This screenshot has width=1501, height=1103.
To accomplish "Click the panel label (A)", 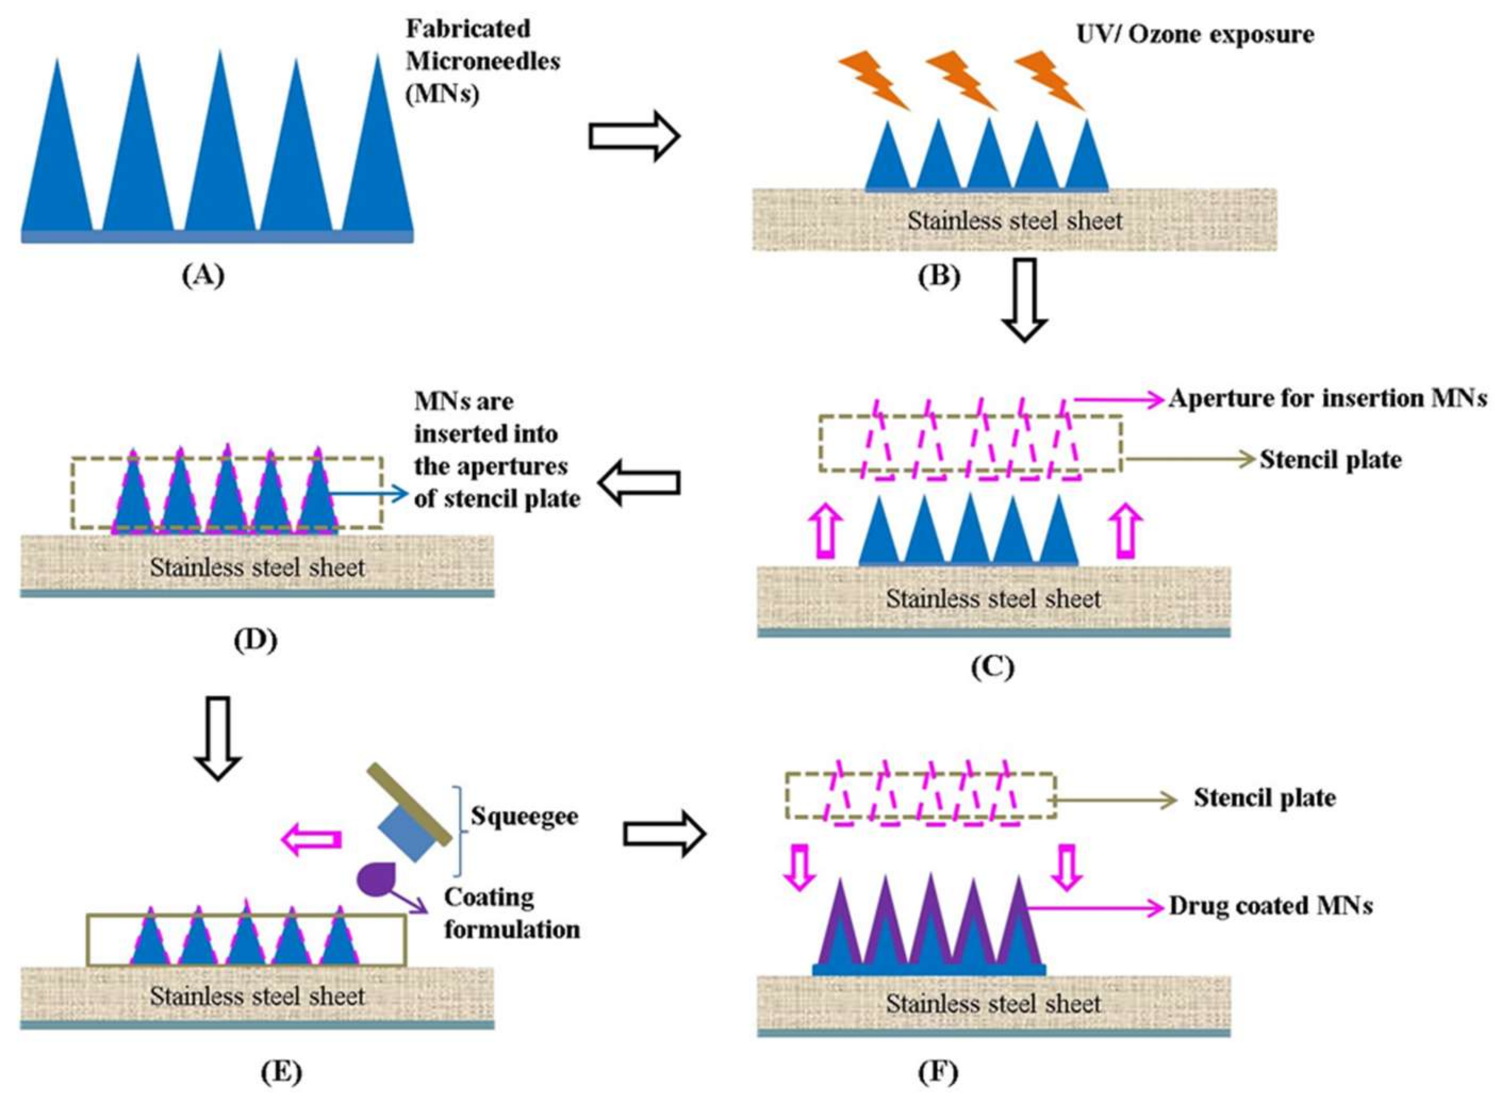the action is (203, 275).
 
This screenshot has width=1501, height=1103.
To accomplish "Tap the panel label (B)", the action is (939, 276).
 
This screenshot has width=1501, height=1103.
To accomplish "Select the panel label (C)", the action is (993, 667).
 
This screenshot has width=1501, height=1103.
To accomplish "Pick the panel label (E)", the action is (281, 1072).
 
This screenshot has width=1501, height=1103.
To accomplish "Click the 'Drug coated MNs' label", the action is (1271, 906).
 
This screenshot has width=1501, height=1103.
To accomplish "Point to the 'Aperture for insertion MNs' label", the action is (1327, 399).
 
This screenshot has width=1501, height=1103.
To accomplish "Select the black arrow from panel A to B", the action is (634, 136).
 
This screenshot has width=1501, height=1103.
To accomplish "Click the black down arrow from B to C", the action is (1025, 300).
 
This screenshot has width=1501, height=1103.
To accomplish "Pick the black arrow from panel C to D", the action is (639, 482).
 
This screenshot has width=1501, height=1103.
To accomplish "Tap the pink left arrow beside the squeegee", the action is (312, 839).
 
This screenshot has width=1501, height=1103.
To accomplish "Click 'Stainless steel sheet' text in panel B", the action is (1015, 220).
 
